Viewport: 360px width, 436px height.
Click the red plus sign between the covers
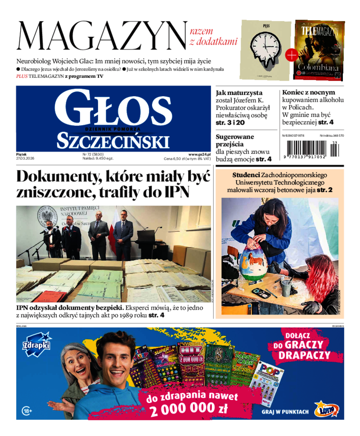[x=292, y=55]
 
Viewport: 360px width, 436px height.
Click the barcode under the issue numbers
[x=310, y=148]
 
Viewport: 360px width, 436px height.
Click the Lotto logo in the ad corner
[x=326, y=409]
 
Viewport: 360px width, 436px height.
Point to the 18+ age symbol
[x=27, y=410]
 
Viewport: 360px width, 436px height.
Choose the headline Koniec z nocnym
[x=308, y=92]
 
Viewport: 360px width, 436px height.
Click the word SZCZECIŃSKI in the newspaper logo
[x=113, y=141]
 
